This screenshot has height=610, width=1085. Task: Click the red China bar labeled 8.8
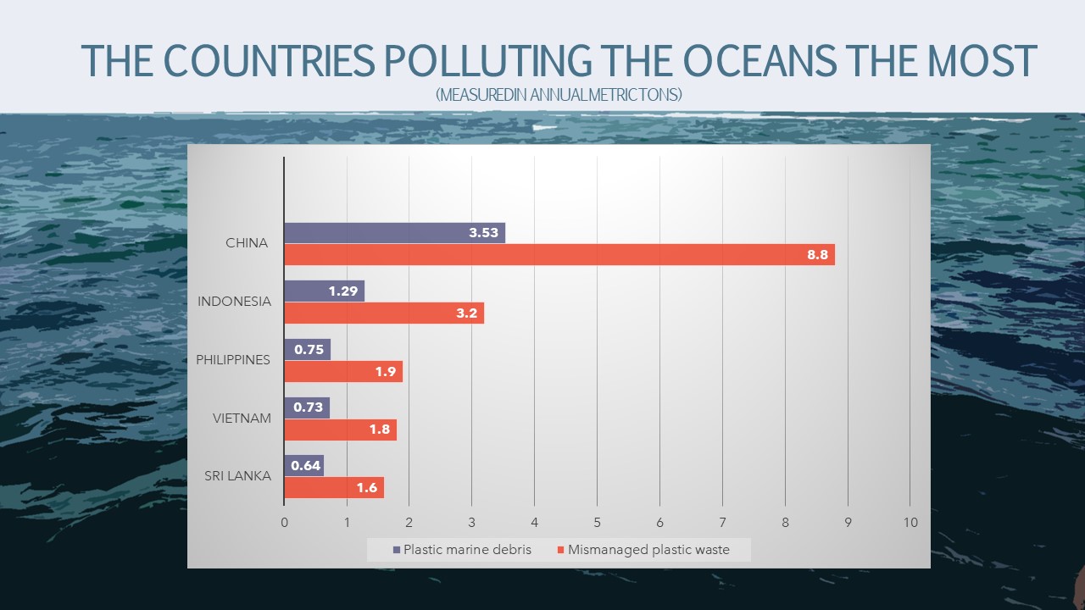pyautogui.click(x=559, y=254)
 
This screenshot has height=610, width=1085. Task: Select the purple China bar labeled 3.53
pyautogui.click(x=394, y=233)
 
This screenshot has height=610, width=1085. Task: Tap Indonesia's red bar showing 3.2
pyautogui.click(x=383, y=313)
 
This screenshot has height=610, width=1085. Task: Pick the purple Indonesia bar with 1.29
pyautogui.click(x=324, y=291)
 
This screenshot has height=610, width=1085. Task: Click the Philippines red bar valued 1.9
pyautogui.click(x=343, y=371)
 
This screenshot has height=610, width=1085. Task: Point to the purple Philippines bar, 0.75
pyautogui.click(x=307, y=350)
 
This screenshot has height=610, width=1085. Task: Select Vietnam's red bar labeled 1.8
pyautogui.click(x=340, y=430)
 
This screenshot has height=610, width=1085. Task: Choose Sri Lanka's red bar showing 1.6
pyautogui.click(x=334, y=488)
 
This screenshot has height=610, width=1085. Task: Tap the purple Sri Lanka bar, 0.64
pyautogui.click(x=303, y=466)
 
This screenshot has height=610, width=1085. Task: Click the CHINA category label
pyautogui.click(x=247, y=243)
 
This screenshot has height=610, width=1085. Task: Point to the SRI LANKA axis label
pyautogui.click(x=238, y=476)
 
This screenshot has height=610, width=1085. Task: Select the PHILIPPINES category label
pyautogui.click(x=233, y=360)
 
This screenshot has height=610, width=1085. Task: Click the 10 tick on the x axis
pyautogui.click(x=910, y=523)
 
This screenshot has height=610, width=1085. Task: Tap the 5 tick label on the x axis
pyautogui.click(x=597, y=523)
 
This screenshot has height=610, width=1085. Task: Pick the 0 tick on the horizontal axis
pyautogui.click(x=284, y=523)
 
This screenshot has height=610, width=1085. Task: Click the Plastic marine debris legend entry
pyautogui.click(x=462, y=550)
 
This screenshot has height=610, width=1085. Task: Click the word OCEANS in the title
pyautogui.click(x=767, y=60)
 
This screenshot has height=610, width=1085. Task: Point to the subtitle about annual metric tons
pyautogui.click(x=559, y=95)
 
